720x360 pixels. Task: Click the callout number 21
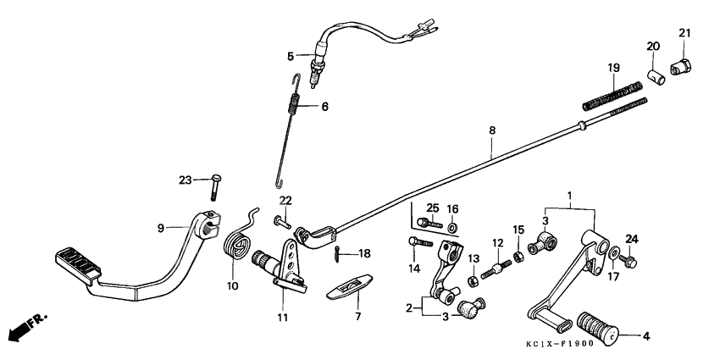[x=684, y=33]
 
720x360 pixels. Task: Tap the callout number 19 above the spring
[x=613, y=68]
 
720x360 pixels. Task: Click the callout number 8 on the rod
[x=491, y=130]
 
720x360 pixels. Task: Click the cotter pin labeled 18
[x=339, y=252]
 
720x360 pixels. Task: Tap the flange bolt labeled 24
[x=628, y=259]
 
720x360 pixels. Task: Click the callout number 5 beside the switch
[x=290, y=56]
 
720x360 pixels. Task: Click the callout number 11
[x=282, y=318]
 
